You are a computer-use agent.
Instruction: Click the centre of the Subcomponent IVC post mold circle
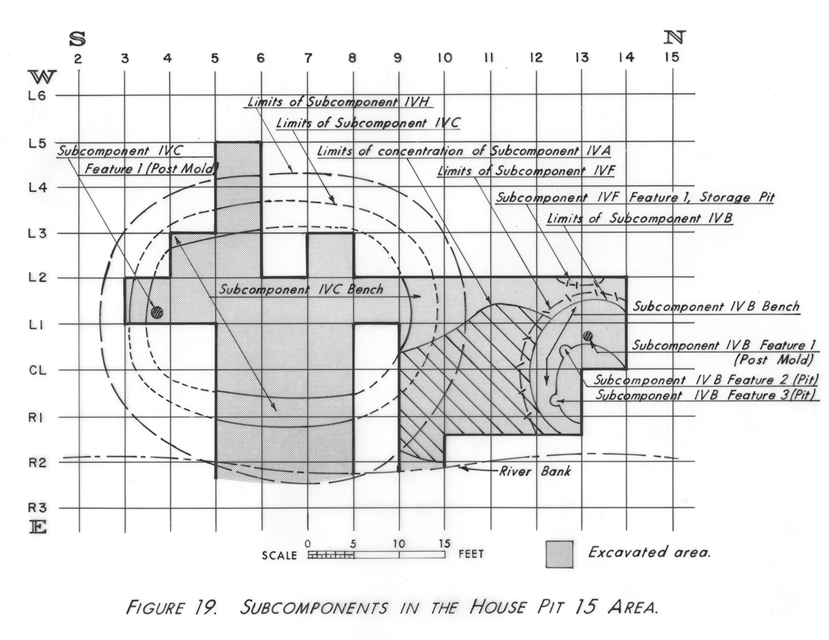157,312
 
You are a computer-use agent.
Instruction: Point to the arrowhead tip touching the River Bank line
458,467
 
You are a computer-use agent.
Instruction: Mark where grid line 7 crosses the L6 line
308,94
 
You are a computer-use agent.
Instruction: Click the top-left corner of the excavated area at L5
216,142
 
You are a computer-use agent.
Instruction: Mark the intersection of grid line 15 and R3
673,508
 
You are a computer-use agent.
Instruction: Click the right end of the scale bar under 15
445,554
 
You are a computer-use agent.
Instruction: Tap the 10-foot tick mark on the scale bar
399,554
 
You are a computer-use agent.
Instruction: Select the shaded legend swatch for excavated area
560,554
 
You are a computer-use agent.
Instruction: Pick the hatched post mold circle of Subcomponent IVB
588,336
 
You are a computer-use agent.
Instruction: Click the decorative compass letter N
674,37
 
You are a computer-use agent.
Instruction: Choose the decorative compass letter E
39,527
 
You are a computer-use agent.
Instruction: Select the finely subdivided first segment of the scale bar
331,555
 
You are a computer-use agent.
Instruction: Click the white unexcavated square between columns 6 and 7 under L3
285,255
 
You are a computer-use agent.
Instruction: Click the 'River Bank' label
535,471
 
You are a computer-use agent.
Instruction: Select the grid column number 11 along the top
490,57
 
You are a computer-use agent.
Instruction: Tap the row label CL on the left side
38,370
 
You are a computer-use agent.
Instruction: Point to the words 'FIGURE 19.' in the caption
171,608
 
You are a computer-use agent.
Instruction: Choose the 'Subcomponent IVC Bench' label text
301,290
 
